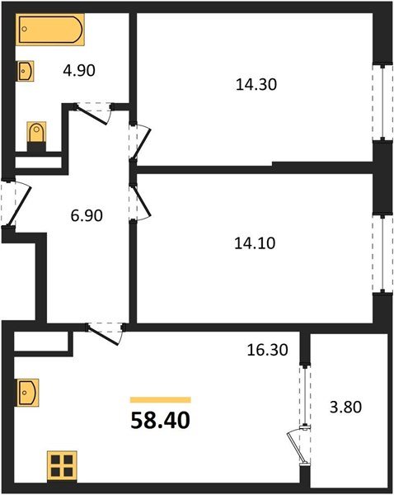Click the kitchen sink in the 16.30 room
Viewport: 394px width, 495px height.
coord(26,391)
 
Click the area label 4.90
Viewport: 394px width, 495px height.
coord(80,70)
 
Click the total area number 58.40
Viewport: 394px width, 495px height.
coord(160,422)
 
